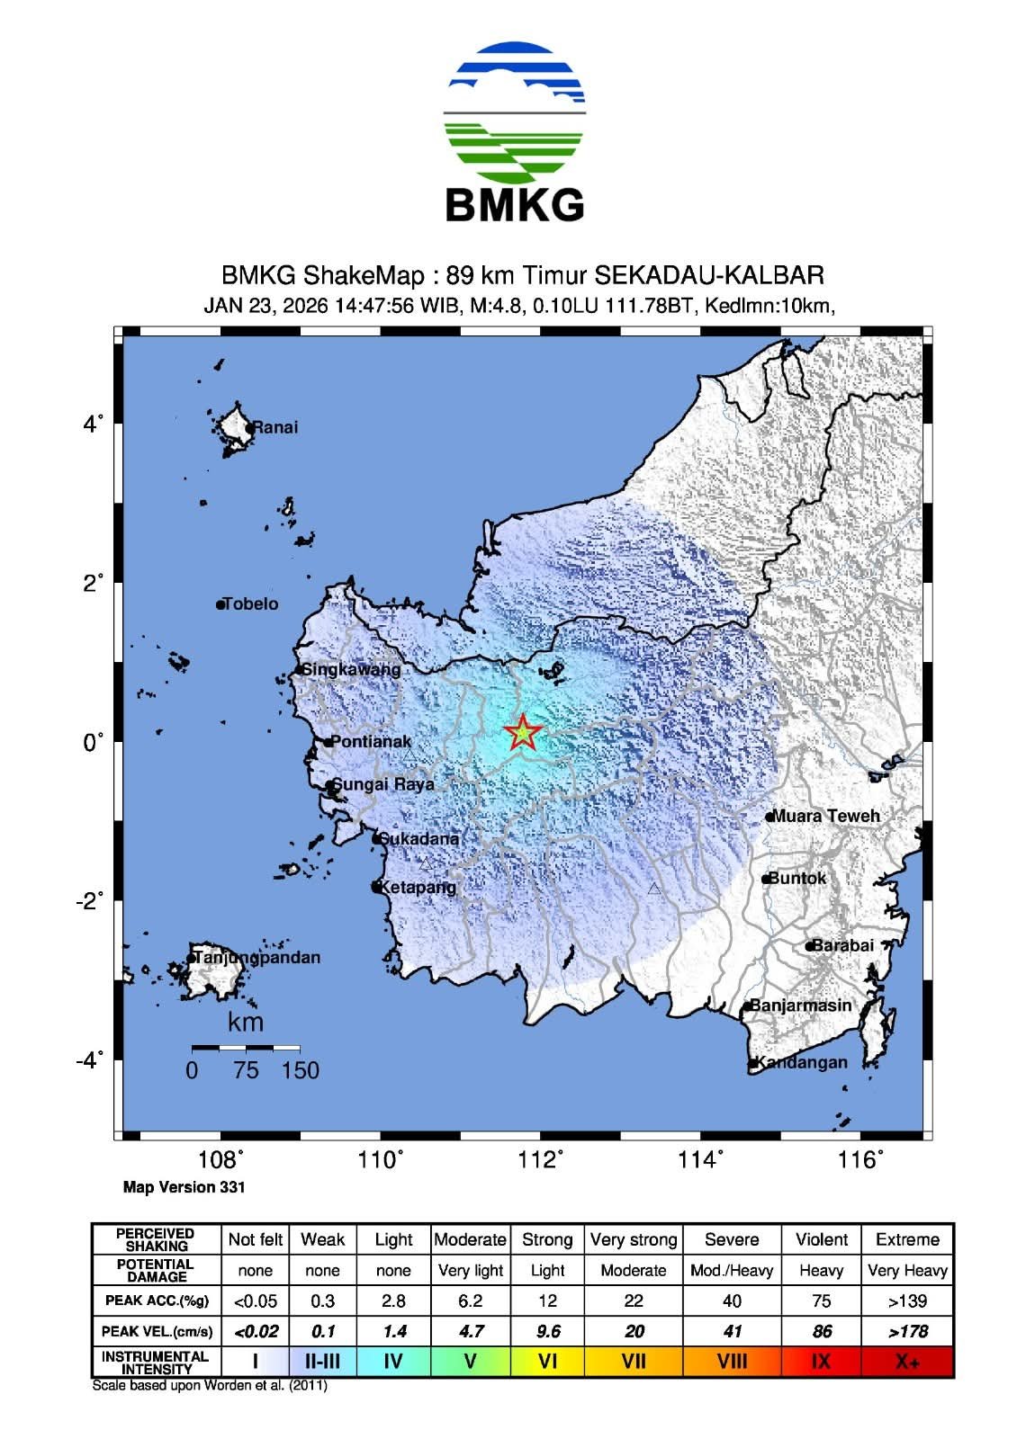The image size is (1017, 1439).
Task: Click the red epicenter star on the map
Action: (522, 734)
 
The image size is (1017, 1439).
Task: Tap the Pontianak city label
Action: (371, 742)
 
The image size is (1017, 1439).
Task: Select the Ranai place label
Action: (274, 427)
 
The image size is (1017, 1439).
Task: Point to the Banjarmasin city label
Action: (800, 1006)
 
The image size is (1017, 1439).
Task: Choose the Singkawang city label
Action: (351, 669)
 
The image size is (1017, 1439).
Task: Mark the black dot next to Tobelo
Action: (220, 604)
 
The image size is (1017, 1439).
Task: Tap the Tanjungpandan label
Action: (256, 957)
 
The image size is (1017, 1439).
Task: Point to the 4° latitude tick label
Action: (94, 423)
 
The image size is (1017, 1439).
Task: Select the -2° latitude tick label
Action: (90, 900)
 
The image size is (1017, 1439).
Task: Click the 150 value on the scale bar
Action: (300, 1070)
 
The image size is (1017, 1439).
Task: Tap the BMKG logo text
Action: (515, 205)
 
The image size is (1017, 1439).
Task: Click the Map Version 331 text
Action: (184, 1187)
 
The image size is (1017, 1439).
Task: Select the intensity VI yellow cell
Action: (547, 1362)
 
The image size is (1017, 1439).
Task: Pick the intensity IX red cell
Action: (821, 1362)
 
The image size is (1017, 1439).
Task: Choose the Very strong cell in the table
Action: (634, 1239)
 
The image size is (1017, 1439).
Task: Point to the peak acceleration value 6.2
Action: (470, 1300)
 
